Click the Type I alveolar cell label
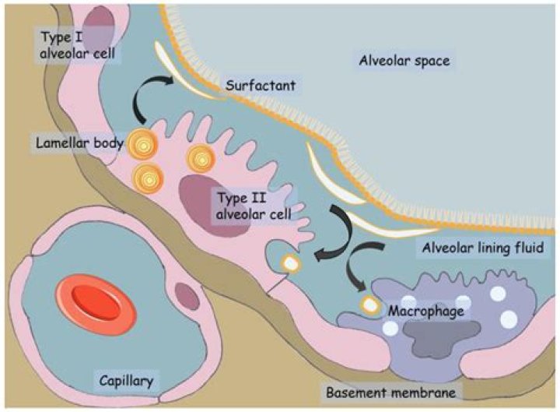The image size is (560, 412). (x=68, y=44)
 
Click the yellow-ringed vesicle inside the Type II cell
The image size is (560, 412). (x=290, y=263)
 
